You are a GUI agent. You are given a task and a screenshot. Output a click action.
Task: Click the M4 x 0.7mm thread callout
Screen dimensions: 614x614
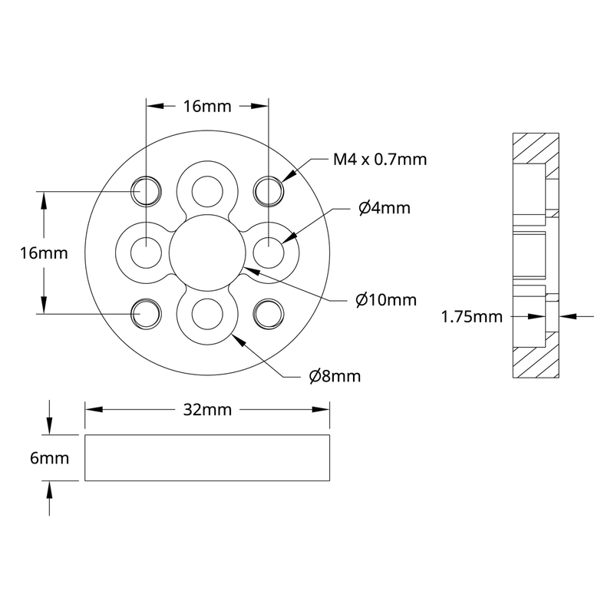[x=379, y=160]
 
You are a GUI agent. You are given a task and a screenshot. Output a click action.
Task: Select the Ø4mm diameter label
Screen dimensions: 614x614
[x=385, y=208]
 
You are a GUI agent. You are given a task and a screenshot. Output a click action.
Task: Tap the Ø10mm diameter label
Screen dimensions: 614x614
[x=386, y=299]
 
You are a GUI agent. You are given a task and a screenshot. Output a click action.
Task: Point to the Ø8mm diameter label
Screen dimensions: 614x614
[x=334, y=376]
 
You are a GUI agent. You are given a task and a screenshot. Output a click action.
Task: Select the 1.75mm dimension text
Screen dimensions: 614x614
[x=471, y=315]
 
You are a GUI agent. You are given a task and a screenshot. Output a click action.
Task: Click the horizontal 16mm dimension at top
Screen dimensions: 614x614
[x=206, y=107]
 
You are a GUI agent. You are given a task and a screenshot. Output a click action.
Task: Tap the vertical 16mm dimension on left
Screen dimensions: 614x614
[x=44, y=252]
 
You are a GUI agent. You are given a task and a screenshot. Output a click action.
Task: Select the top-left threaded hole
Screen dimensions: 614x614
[x=146, y=190]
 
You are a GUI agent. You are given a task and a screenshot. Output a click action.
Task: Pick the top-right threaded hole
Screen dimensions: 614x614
[x=268, y=190]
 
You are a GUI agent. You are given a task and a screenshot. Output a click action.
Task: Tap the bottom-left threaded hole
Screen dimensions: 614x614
[x=146, y=312]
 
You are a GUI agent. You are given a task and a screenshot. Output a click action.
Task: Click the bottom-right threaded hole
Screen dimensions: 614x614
[x=268, y=312]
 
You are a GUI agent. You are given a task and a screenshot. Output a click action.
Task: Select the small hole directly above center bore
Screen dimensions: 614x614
[x=206, y=190]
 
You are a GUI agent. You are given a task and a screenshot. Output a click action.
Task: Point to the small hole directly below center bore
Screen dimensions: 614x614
[x=206, y=312]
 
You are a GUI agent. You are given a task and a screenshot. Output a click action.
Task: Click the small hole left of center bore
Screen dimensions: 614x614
[x=146, y=251]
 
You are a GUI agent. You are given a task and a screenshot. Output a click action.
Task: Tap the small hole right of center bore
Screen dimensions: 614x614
[x=268, y=251]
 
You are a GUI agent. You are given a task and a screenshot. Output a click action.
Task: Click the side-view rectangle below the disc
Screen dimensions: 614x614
[x=206, y=458]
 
